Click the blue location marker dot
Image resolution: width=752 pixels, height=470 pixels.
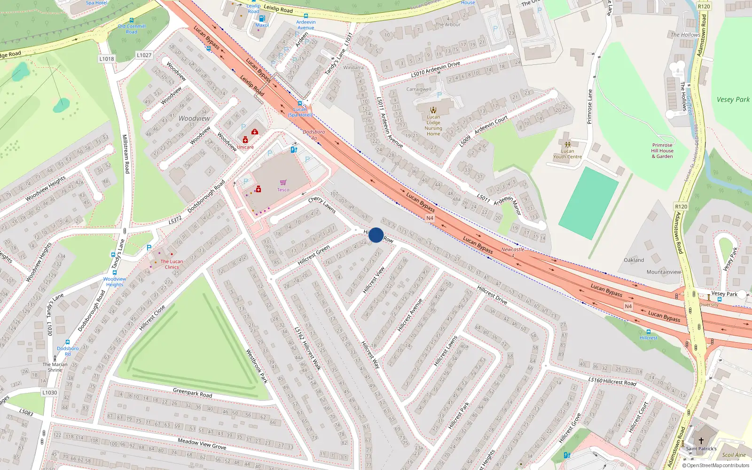coord(376,235)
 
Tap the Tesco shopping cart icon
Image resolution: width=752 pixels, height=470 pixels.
coord(283,183)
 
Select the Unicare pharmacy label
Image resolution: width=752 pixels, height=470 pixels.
coord(245,147)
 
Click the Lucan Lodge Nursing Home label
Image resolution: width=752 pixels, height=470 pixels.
coord(433,125)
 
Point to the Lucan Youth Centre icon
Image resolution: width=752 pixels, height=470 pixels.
coord(567,145)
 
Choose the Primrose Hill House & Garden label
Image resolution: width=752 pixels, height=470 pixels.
coord(662,151)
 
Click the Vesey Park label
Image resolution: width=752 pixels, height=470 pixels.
coord(733,100)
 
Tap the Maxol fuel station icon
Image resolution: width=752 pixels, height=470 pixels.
coord(262,18)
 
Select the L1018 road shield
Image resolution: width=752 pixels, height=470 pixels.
coord(107,59)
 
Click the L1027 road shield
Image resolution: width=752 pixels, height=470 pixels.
coord(144,55)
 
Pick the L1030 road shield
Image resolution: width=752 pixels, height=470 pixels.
coord(49,392)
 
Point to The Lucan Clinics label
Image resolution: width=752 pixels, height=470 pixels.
coord(172,264)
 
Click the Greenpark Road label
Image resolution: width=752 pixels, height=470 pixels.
coord(192,392)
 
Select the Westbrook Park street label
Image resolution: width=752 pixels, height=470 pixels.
coord(257,366)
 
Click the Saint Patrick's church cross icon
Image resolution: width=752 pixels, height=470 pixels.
coord(701,441)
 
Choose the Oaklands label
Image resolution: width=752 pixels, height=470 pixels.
coord(634,260)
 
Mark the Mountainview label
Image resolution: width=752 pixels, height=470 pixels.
coord(664,272)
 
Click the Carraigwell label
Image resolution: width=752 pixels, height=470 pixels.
coord(419,89)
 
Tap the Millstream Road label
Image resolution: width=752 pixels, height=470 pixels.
coord(125,154)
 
